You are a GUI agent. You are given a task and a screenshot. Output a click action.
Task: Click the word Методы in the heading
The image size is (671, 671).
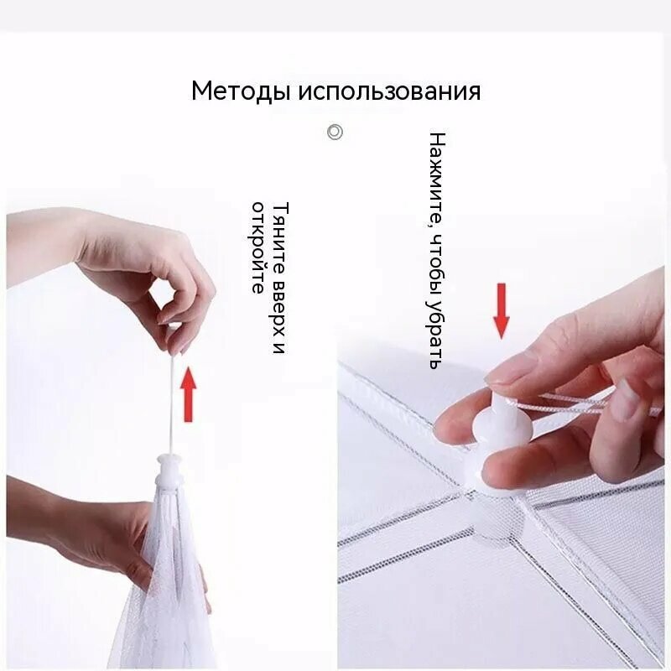point(241,91)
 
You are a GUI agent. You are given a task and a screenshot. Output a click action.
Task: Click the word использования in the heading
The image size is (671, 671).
point(389,91)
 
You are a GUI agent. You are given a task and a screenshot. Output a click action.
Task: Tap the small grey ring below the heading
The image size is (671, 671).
point(335,132)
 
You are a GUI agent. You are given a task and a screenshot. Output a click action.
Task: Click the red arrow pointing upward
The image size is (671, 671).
point(188,395)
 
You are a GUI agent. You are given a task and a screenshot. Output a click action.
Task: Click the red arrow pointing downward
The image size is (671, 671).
point(501,310)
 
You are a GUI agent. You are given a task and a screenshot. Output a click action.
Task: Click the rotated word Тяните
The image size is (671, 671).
point(280,238)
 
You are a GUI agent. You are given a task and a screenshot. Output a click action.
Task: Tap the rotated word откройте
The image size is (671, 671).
point(257,247)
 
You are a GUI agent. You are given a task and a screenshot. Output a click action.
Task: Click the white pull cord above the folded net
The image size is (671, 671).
point(174,403)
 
